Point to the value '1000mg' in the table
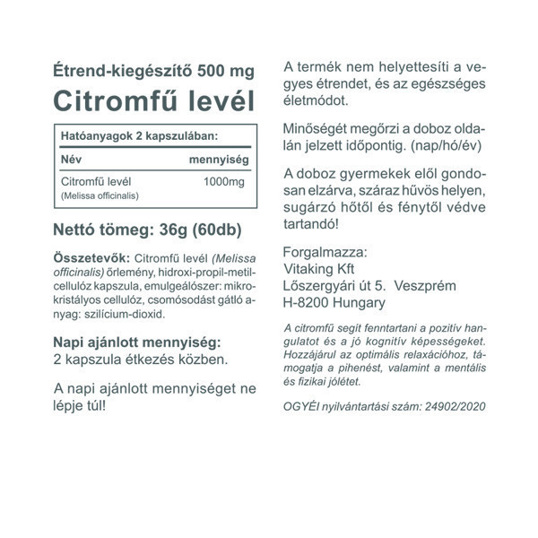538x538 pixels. (x=224, y=183)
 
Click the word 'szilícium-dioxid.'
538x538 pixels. (x=127, y=315)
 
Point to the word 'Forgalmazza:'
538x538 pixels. (x=324, y=251)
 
